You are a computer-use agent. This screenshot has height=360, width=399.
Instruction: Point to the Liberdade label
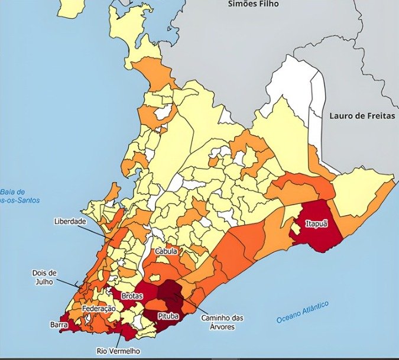click(x=70, y=221)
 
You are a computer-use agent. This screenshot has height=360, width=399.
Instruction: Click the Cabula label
click(x=166, y=251)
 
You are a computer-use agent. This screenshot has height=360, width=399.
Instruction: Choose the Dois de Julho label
click(x=45, y=277)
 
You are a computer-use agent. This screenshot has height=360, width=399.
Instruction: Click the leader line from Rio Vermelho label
click(x=122, y=339)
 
